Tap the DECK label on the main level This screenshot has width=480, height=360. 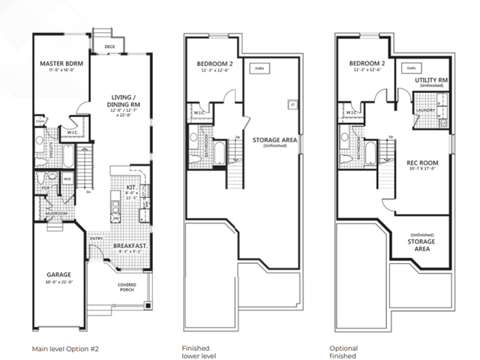click(x=109, y=46)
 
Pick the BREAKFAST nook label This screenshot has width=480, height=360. click(x=130, y=245)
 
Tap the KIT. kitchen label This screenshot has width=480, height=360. click(x=130, y=188)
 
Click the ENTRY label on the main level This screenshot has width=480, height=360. click(x=97, y=239)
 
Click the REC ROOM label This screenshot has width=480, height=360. click(x=422, y=163)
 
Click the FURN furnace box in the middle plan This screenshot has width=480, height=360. click(x=260, y=68)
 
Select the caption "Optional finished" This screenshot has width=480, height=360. click(x=344, y=352)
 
